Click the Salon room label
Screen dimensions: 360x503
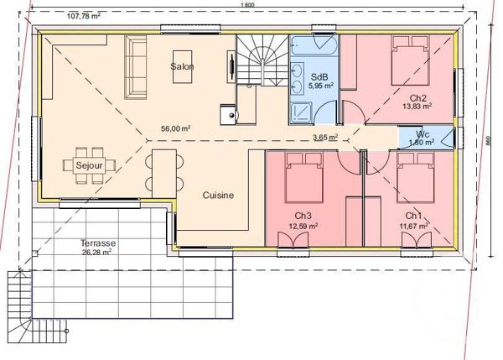[182, 66]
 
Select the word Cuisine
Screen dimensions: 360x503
[218, 195]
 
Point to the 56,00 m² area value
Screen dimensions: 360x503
[176, 128]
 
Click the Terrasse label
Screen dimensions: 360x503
[98, 243]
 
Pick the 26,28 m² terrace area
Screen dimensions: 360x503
[98, 251]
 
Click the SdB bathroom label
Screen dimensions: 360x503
[319, 77]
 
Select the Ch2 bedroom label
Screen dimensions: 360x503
[418, 98]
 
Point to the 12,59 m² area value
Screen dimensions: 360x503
[303, 226]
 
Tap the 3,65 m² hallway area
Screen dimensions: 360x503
[325, 137]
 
